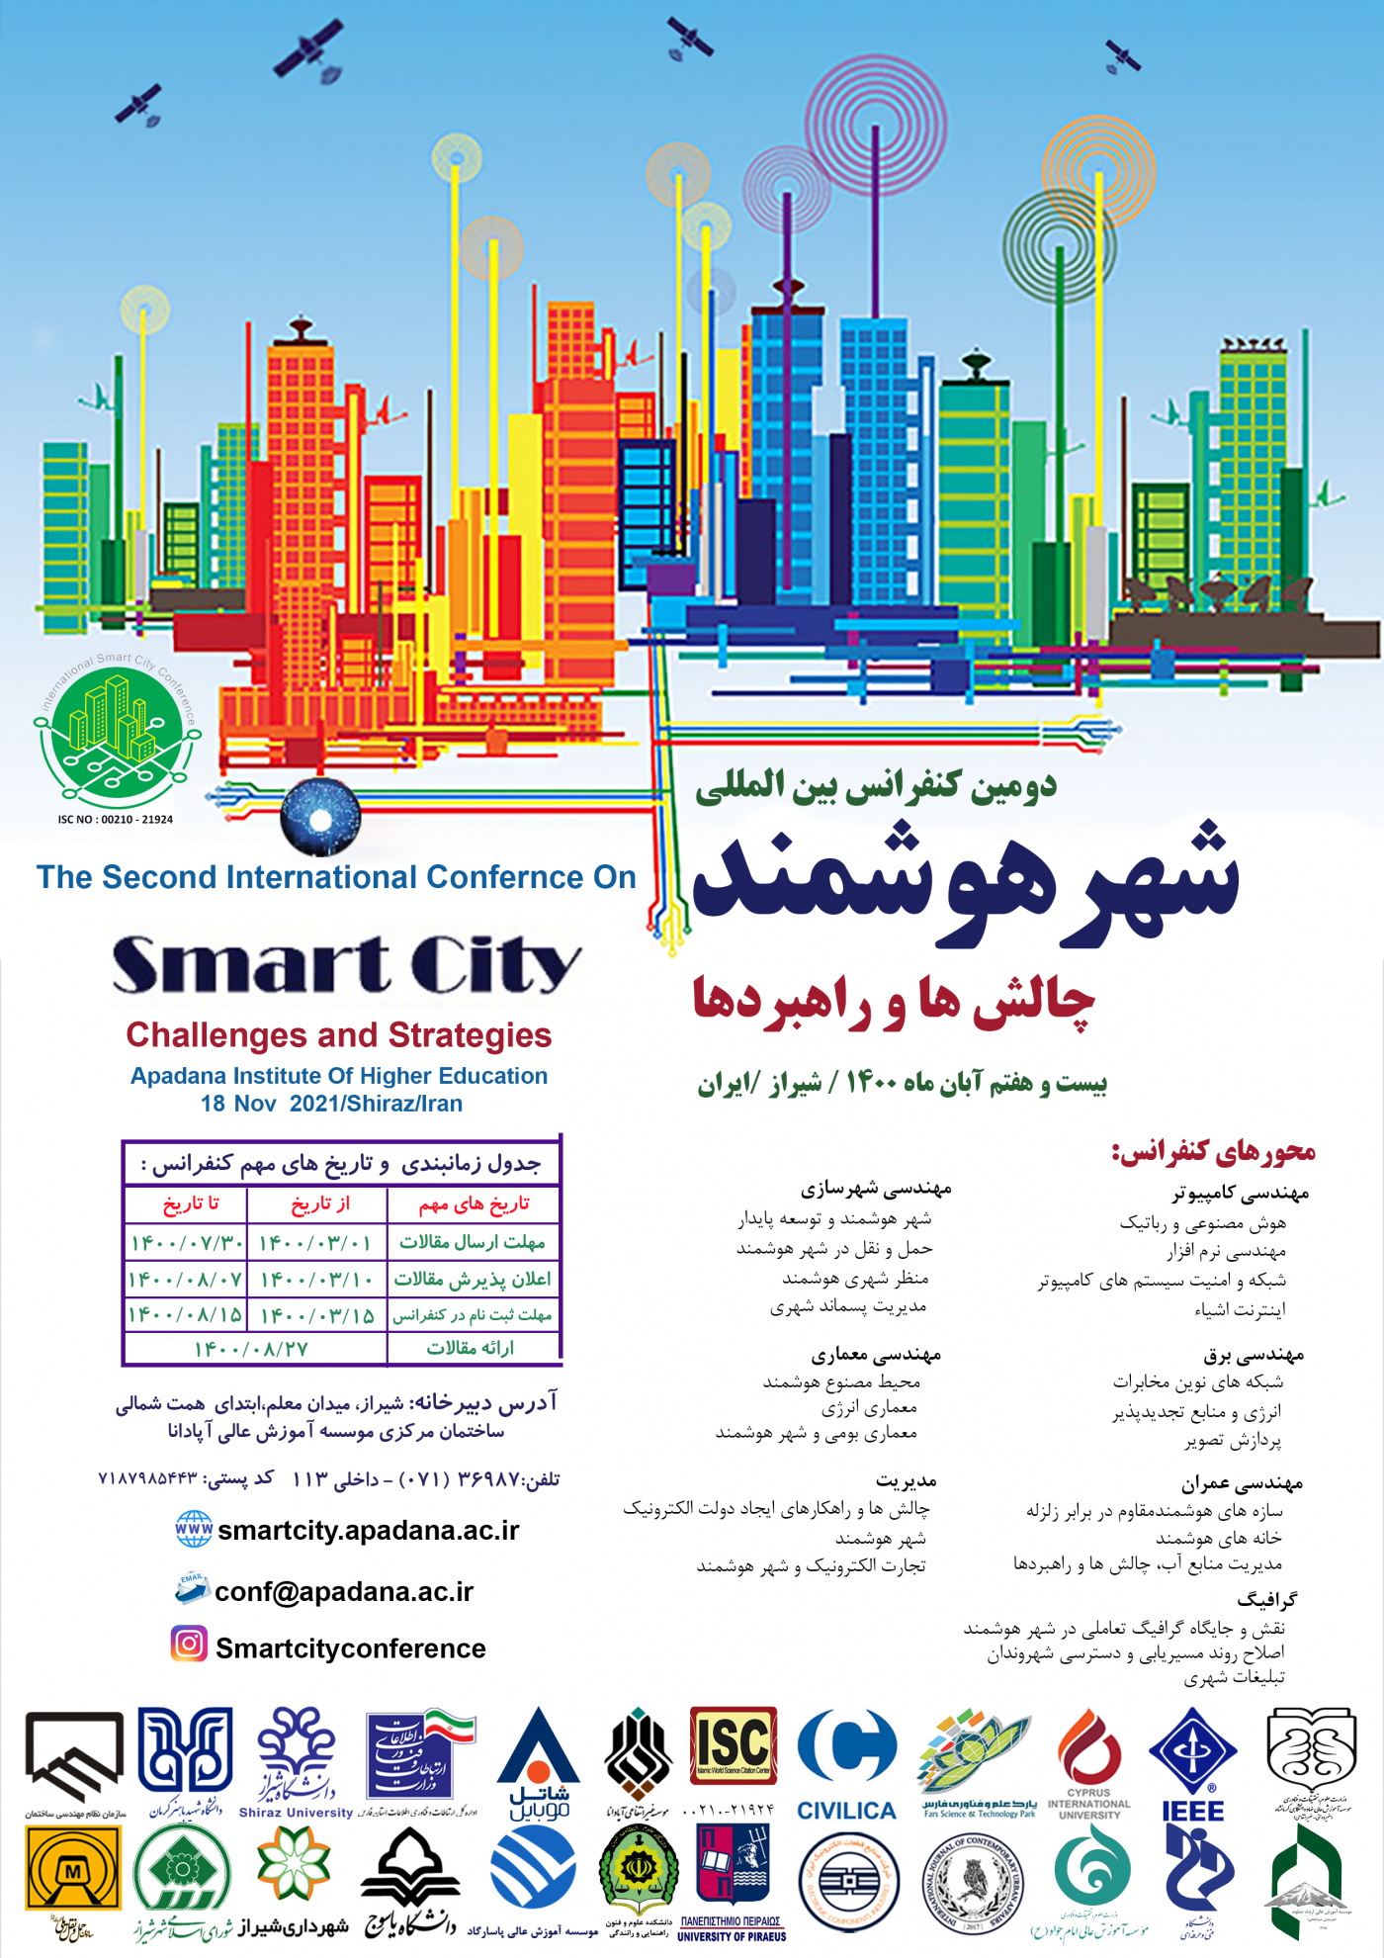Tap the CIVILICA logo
pyautogui.click(x=847, y=1765)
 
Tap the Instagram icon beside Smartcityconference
pyautogui.click(x=189, y=1644)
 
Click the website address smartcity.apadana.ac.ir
pyautogui.click(x=368, y=1530)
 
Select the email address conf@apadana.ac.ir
pyautogui.click(x=344, y=1591)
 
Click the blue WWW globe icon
pyautogui.click(x=193, y=1529)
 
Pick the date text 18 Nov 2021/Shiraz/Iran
pyautogui.click(x=331, y=1104)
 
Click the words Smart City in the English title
pyautogui.click(x=345, y=965)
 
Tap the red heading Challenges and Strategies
pyautogui.click(x=338, y=1035)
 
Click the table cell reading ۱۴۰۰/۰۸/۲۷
pyautogui.click(x=251, y=1349)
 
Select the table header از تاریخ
pyautogui.click(x=320, y=1203)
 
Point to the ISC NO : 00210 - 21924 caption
pyautogui.click(x=115, y=820)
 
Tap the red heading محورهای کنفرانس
pyautogui.click(x=1213, y=1152)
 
